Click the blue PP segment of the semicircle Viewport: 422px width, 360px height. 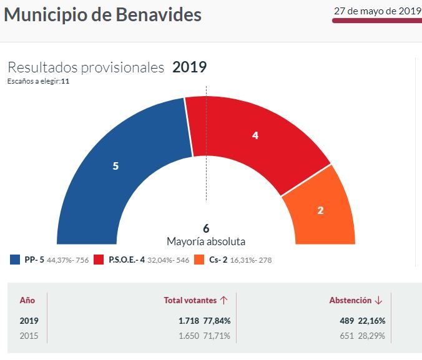(x=115, y=167)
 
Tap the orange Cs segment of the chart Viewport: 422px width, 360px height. (x=320, y=210)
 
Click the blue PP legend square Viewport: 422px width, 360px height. (x=15, y=260)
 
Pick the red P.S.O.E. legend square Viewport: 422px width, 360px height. (x=99, y=260)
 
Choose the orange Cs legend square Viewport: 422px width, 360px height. (x=199, y=260)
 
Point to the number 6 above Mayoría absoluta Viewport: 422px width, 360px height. (x=206, y=228)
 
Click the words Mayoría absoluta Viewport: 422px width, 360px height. (x=206, y=241)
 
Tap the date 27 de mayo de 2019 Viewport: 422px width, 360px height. (x=377, y=11)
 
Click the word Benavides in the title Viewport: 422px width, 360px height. (x=159, y=14)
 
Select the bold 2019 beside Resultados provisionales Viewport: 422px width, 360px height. (x=189, y=67)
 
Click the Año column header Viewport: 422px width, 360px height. (x=27, y=300)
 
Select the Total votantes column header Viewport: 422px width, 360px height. (x=190, y=300)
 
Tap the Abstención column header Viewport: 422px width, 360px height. (x=350, y=300)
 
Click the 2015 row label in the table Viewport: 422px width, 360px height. (x=29, y=336)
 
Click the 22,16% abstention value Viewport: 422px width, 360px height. (x=372, y=321)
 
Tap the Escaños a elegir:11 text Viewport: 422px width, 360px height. (x=38, y=81)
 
